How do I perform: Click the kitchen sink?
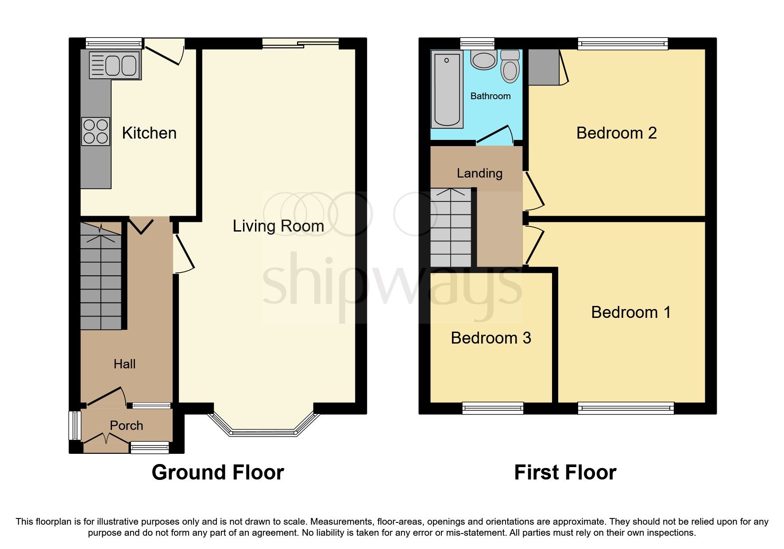coord(115,65)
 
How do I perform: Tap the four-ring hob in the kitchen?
coord(96,131)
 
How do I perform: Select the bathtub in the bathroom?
coord(447,89)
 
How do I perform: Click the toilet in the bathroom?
coord(510,68)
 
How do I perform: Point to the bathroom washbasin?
coord(484,60)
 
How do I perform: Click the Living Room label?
coord(278,226)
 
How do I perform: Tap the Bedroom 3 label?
coord(490,338)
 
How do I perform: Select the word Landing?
coord(479,173)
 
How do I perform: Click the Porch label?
coord(126,425)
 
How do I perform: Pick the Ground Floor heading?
coord(217,472)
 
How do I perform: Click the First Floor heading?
coord(565,472)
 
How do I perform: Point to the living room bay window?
coord(263,432)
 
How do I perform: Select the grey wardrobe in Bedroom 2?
coord(544,67)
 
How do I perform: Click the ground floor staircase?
coord(101,277)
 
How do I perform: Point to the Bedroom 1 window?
coord(626,408)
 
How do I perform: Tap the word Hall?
coord(124,364)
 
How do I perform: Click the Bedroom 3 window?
coord(492,408)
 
